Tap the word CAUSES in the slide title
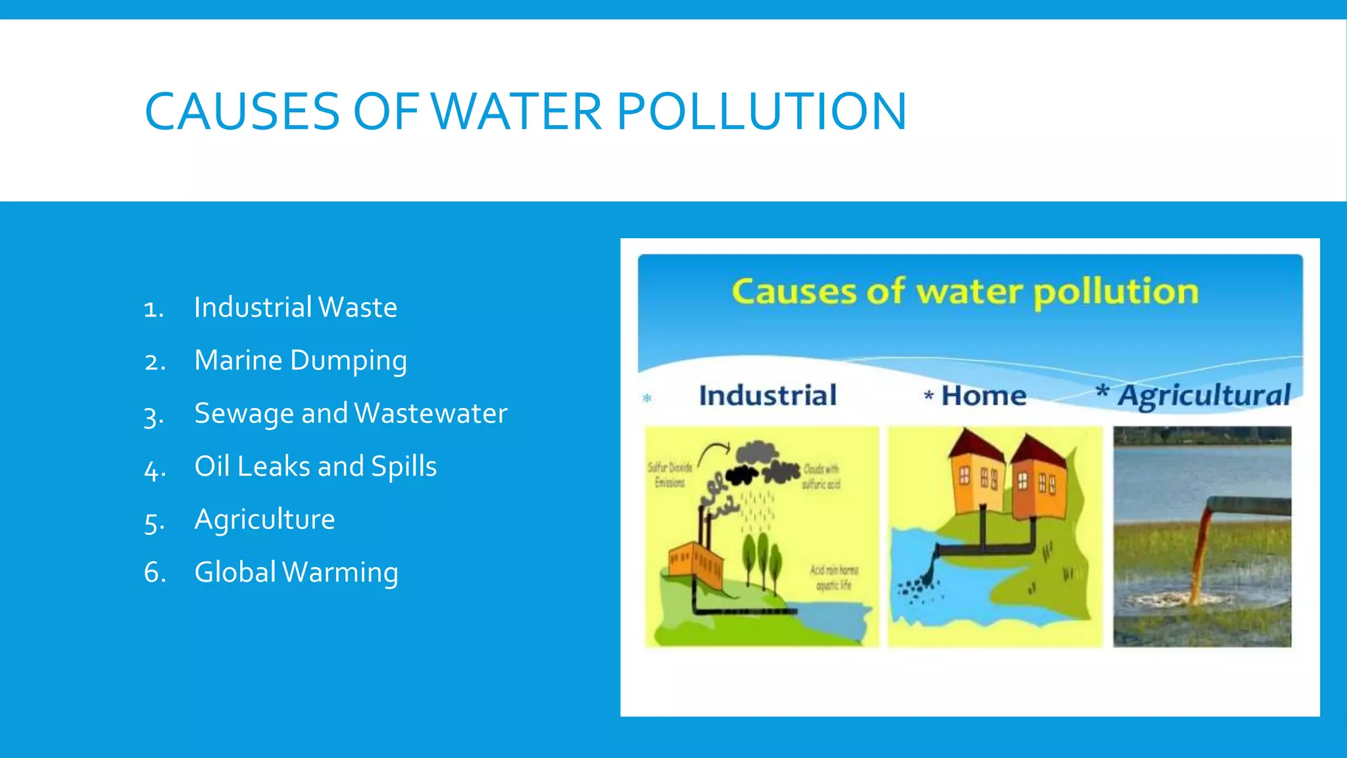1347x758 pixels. [242, 111]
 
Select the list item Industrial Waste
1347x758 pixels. [295, 307]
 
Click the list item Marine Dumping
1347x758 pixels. [301, 361]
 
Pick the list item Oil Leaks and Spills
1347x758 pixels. [315, 467]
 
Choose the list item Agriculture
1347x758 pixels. [264, 519]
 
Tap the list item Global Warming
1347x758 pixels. [296, 572]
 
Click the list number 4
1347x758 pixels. [155, 468]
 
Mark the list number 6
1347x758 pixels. [155, 572]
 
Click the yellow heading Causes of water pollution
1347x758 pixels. [965, 291]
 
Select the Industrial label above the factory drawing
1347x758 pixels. [768, 395]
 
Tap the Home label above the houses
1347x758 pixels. [983, 395]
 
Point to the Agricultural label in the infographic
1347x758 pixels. [1204, 395]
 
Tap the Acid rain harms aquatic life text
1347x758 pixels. [834, 577]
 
